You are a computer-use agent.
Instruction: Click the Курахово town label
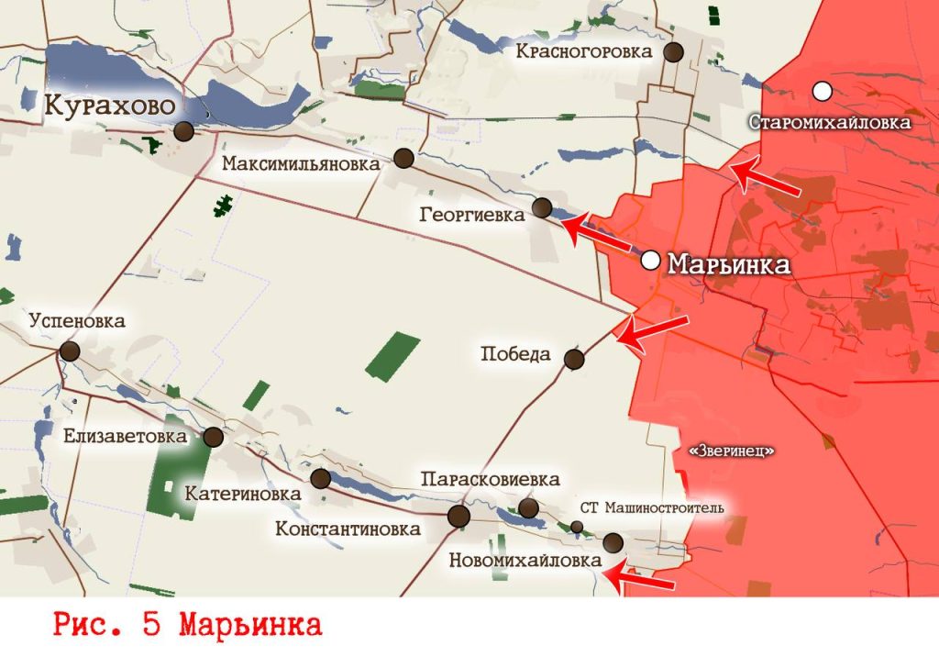(111, 106)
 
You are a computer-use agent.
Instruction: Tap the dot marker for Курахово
(184, 131)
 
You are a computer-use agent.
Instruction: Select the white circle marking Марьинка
(651, 261)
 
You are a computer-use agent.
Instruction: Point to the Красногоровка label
(583, 51)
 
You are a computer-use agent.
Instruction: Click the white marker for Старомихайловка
(823, 91)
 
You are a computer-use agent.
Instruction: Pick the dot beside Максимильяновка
(403, 159)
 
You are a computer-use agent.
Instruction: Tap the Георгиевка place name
(472, 216)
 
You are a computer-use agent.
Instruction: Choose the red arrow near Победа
(652, 330)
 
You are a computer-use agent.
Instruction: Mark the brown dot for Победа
(574, 359)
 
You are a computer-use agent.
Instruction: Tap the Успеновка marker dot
(70, 351)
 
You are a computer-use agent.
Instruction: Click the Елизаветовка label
(125, 437)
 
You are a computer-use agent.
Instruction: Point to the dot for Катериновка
(321, 478)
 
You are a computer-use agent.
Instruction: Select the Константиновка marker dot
(458, 516)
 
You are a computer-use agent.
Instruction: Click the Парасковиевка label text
(490, 480)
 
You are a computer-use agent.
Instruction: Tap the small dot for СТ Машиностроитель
(577, 527)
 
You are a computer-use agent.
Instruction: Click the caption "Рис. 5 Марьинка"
(188, 627)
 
